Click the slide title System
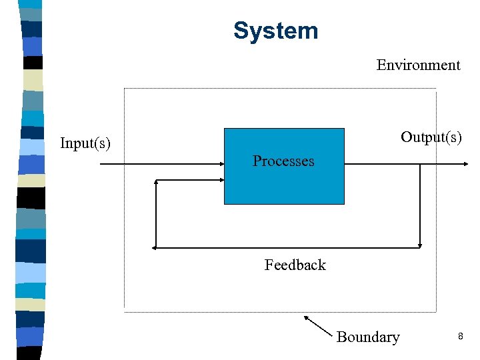[275, 31]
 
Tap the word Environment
[418, 65]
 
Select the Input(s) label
[85, 143]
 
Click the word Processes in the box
[283, 161]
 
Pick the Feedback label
[295, 265]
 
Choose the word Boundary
[368, 337]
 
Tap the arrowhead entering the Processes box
[221, 163]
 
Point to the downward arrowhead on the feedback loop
[421, 244]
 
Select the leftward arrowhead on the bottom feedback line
[155, 247]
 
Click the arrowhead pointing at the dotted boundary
[306, 317]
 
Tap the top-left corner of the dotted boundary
[125, 89]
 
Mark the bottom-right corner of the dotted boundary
[436, 311]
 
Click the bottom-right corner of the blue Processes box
[344, 203]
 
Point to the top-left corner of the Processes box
[225, 129]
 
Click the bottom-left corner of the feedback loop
[155, 247]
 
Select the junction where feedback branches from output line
[421, 163]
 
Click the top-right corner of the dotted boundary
[436, 89]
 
